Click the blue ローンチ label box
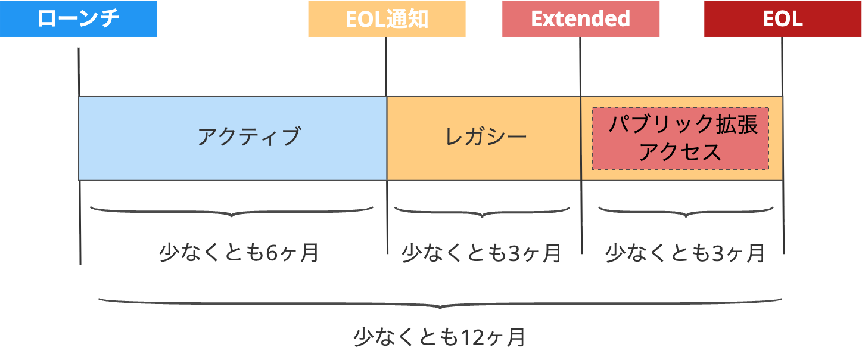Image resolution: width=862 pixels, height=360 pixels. (x=79, y=19)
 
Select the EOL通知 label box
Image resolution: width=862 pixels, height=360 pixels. (x=387, y=19)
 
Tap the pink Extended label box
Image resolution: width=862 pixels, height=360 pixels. (x=581, y=19)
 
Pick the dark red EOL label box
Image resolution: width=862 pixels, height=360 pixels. (x=783, y=19)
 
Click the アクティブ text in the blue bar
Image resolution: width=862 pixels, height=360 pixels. (x=249, y=137)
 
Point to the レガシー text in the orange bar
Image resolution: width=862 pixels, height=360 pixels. (x=486, y=137)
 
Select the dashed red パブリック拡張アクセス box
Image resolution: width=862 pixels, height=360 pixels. (x=680, y=138)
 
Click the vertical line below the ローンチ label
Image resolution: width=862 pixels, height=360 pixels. (x=79, y=72)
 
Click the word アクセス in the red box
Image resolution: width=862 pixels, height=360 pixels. (x=680, y=153)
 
